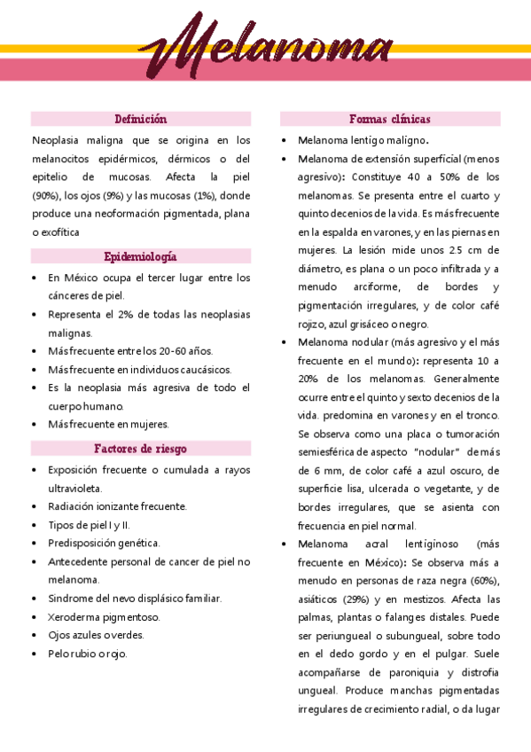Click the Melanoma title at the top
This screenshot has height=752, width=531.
pyautogui.click(x=266, y=50)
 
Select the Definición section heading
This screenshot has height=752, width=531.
pyautogui.click(x=141, y=119)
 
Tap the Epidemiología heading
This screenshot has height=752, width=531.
pyautogui.click(x=141, y=256)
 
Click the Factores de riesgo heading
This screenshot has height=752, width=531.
pyautogui.click(x=141, y=448)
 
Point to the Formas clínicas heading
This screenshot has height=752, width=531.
pyautogui.click(x=390, y=119)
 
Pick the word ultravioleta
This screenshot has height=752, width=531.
pyautogui.click(x=75, y=488)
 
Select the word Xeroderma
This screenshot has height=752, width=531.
pyautogui.click(x=74, y=616)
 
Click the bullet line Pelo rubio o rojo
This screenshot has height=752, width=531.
pyautogui.click(x=88, y=654)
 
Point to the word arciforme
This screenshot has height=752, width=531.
pyautogui.click(x=379, y=287)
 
